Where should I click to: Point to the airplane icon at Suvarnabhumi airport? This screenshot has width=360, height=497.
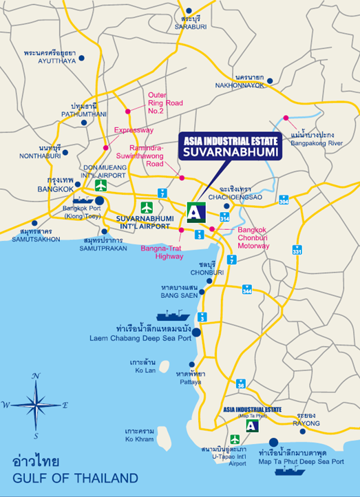coord(146,207)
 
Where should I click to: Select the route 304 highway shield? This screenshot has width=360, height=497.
coord(284,200)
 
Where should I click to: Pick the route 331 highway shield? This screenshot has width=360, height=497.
coord(297,251)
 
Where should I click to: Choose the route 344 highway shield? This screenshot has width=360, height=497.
coord(246,290)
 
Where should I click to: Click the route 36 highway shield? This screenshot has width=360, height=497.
coord(241,384)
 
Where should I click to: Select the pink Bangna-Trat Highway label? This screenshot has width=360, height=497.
coord(163,252)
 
